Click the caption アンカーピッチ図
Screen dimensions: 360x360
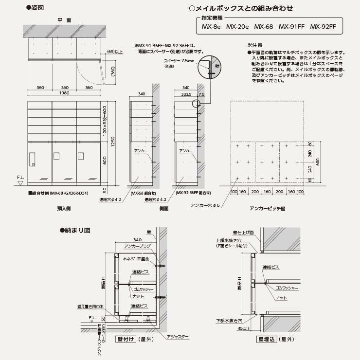click(x=267, y=208)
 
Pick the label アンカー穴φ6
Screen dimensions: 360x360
click(x=207, y=206)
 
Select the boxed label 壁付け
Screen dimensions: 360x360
click(x=125, y=339)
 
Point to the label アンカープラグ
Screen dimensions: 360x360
click(x=135, y=247)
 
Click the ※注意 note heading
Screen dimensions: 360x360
click(x=255, y=45)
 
